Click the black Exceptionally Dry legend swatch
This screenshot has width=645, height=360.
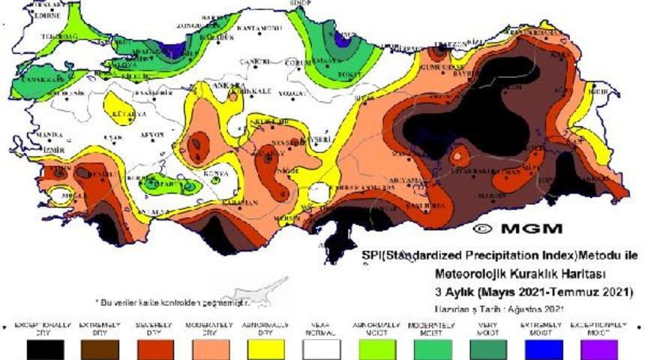[x=45, y=349]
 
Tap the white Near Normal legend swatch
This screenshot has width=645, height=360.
[x=321, y=349]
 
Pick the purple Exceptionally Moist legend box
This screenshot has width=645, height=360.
[x=598, y=349]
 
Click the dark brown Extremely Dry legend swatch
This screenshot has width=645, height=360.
[x=100, y=349]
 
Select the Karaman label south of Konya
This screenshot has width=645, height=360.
[x=242, y=202]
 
